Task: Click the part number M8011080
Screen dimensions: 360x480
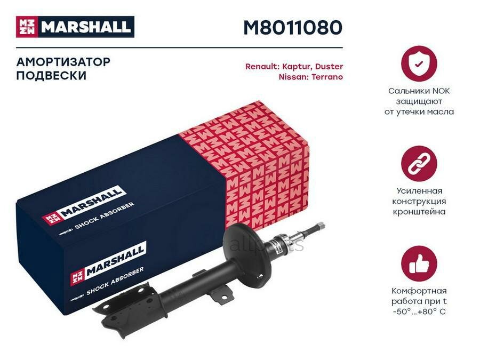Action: tap(292, 27)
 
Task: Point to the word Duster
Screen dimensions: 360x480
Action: tap(329, 67)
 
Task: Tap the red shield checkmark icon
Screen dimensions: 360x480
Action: tap(419, 63)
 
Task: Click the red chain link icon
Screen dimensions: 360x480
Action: tap(419, 163)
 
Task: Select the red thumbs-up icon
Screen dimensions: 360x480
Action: tap(419, 263)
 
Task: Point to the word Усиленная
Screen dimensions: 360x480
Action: tap(419, 191)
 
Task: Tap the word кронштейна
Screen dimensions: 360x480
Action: tap(419, 212)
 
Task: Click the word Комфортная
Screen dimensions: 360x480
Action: tap(419, 291)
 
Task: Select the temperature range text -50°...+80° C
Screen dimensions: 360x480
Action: tap(419, 311)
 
